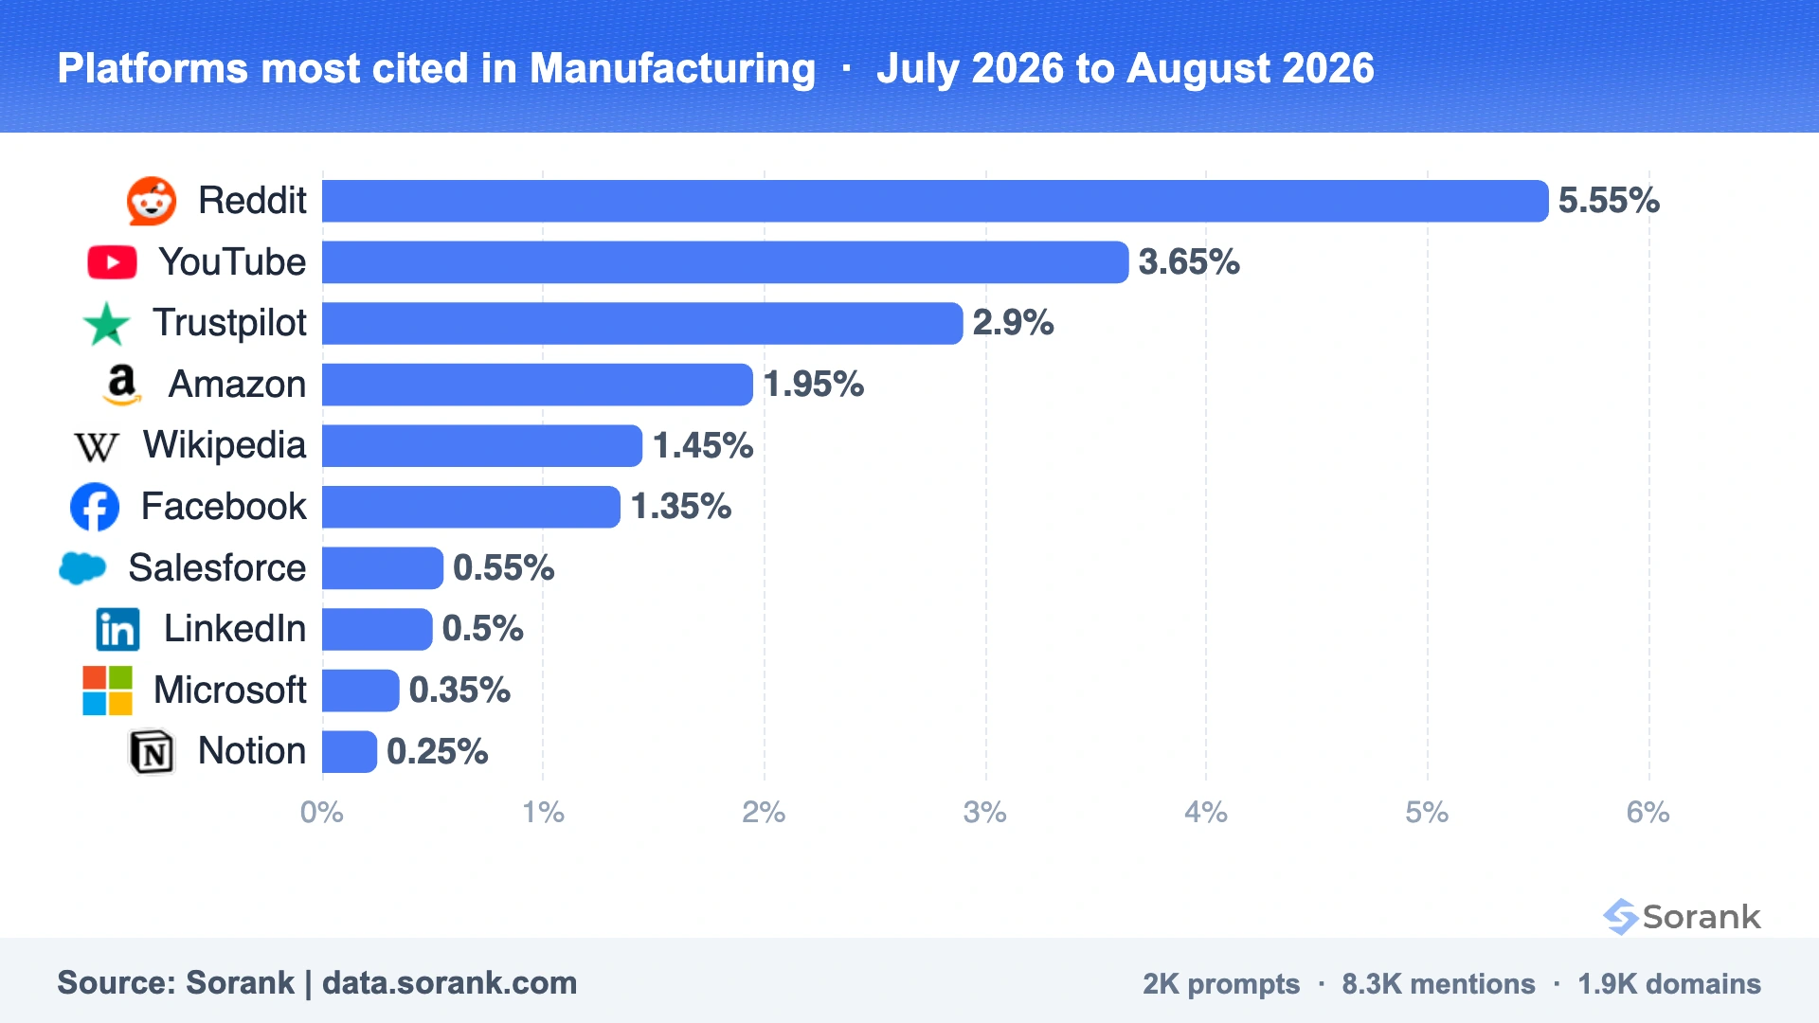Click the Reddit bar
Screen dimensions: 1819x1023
[x=935, y=201]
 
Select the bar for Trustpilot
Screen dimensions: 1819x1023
[x=642, y=323]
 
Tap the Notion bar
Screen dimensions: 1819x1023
[x=350, y=752]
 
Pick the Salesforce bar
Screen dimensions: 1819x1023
[x=383, y=568]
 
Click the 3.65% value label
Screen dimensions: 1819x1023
[x=1189, y=262]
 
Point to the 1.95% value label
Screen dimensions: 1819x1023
[x=814, y=385]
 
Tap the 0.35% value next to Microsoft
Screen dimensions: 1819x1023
[x=459, y=691]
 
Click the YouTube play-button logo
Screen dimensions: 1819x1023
[x=112, y=262]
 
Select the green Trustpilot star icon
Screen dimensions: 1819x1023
[x=106, y=324]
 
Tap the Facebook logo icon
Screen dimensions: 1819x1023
[x=95, y=507]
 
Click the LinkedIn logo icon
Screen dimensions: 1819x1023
[x=117, y=629]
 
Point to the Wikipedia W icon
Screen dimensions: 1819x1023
[x=97, y=446]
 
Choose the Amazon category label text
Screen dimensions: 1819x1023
[x=237, y=385]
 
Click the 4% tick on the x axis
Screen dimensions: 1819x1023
[x=1206, y=813]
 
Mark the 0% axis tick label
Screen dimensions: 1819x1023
[x=322, y=813]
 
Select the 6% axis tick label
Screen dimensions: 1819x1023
[x=1648, y=813]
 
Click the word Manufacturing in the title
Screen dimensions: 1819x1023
[x=673, y=68]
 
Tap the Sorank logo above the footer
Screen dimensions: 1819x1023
[x=1682, y=916]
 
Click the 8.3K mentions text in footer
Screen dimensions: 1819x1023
[x=1438, y=984]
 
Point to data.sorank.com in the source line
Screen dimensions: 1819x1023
[x=449, y=983]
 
